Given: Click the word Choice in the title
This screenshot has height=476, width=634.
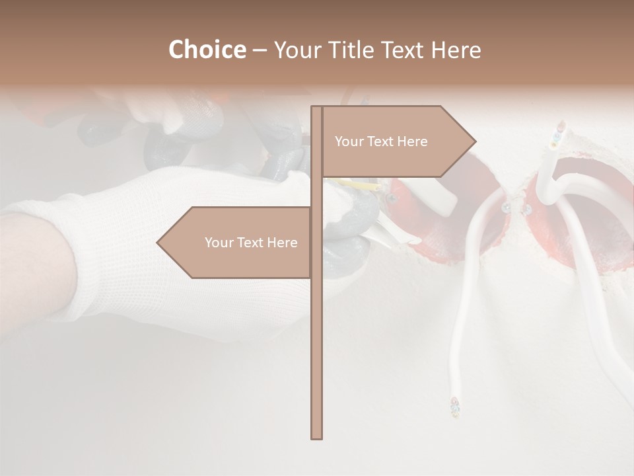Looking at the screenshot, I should pyautogui.click(x=207, y=50).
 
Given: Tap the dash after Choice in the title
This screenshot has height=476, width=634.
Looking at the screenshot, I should pyautogui.click(x=260, y=50).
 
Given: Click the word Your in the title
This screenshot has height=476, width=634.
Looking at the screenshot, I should pyautogui.click(x=295, y=50).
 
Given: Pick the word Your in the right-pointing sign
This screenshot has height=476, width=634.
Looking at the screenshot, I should pyautogui.click(x=349, y=141).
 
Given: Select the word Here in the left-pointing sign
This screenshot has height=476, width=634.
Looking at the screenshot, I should pyautogui.click(x=282, y=243).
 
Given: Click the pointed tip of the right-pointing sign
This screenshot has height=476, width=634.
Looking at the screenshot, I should pyautogui.click(x=474, y=141).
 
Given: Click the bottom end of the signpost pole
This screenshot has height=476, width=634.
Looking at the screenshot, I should pyautogui.click(x=316, y=437).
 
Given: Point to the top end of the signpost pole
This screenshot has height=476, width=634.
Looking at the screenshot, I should pyautogui.click(x=316, y=108).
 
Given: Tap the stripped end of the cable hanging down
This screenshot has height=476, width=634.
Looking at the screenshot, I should pyautogui.click(x=454, y=406).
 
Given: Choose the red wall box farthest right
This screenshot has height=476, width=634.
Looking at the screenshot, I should pyautogui.click(x=581, y=218).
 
